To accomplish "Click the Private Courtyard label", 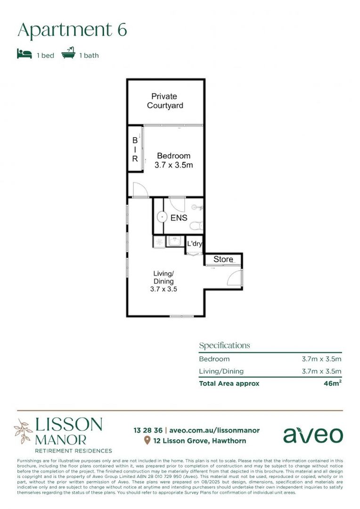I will click(164, 101).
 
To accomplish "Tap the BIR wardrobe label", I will click(135, 149).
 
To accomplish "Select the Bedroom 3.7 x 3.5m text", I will click(173, 161).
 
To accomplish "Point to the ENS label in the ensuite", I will click(179, 218).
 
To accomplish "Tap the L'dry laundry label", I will click(195, 244).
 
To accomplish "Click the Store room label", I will click(223, 259).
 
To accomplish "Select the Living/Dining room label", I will click(164, 281).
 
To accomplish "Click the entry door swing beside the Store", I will click(235, 279).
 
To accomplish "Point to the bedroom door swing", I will click(140, 190).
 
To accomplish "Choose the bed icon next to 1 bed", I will click(25, 54).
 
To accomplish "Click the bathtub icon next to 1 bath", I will click(68, 54).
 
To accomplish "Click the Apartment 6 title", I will click(72, 30).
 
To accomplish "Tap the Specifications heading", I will click(224, 345).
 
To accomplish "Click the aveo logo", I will click(313, 435).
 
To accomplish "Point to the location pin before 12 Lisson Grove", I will click(147, 441).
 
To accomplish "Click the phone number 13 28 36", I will click(148, 430).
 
